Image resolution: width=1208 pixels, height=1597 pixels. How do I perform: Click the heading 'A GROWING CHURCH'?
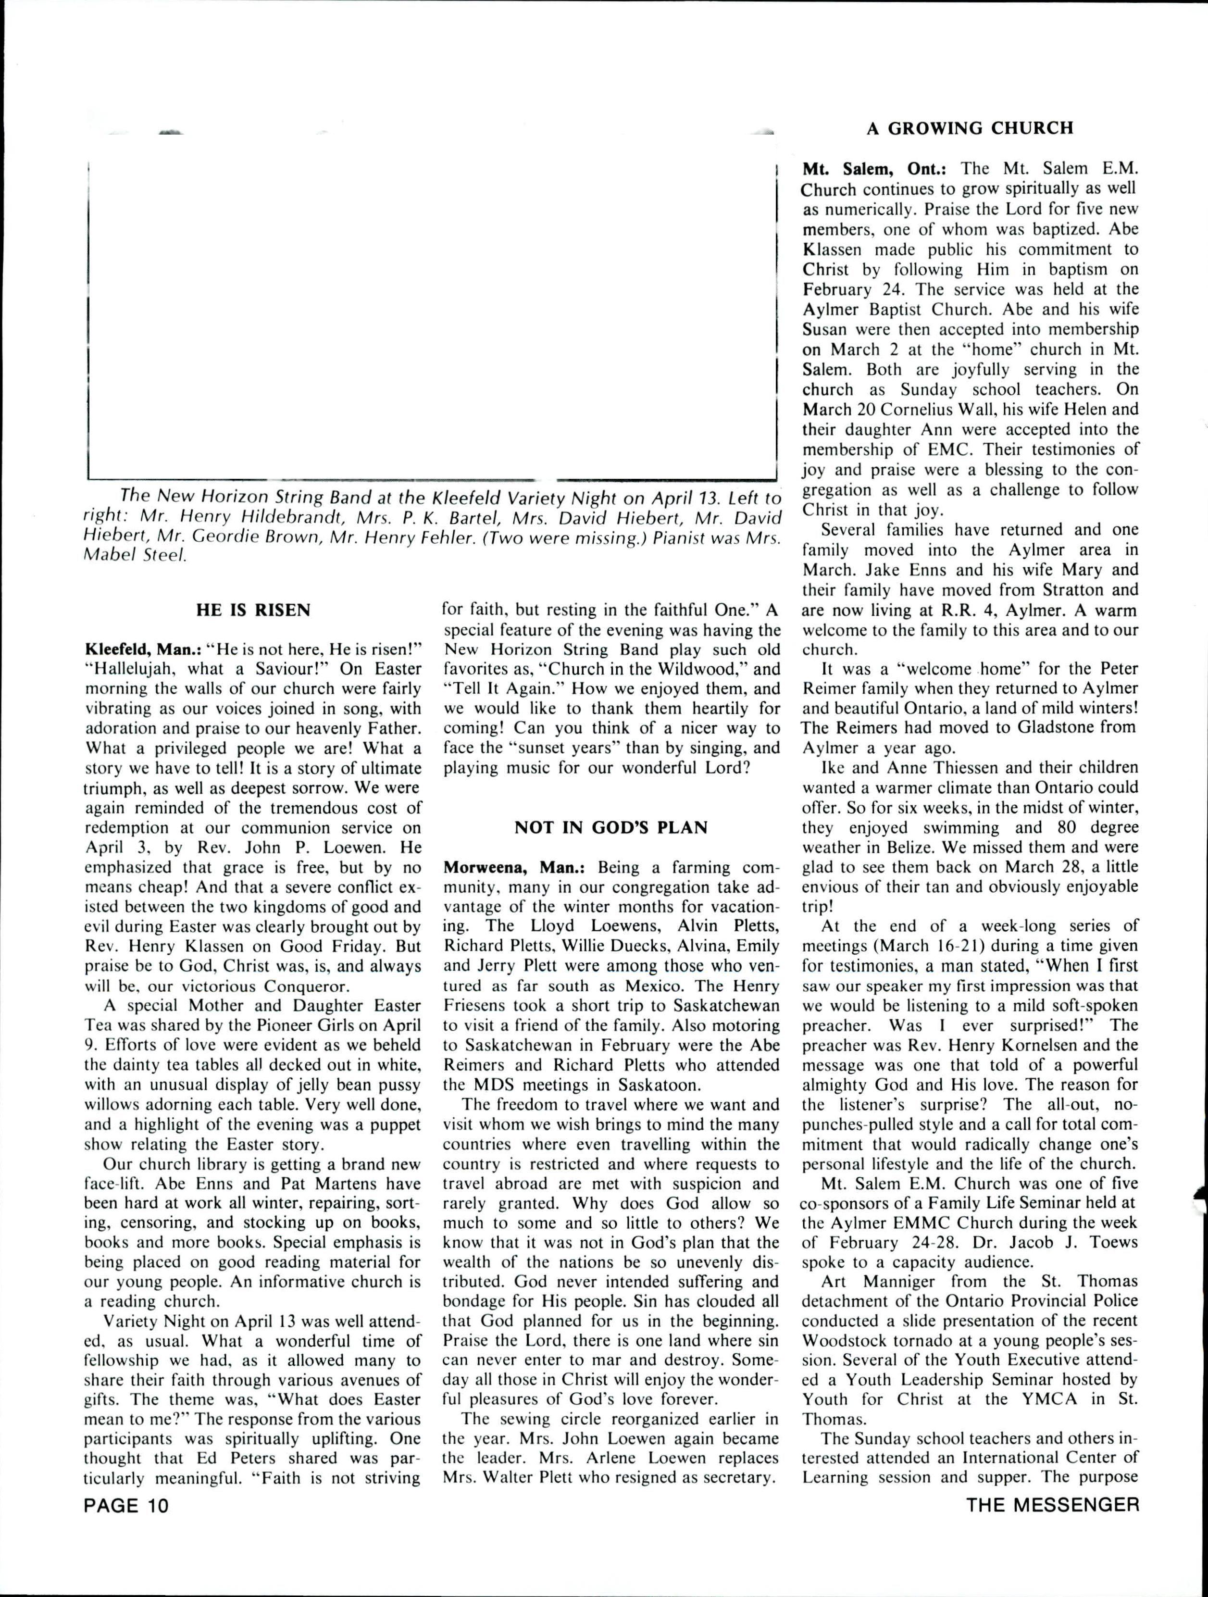(x=970, y=128)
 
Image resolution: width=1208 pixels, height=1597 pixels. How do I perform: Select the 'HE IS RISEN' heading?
(x=253, y=610)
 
